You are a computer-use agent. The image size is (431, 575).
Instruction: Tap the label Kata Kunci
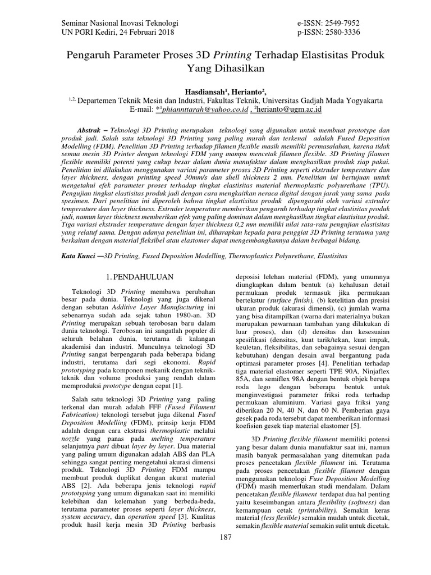tap(79, 255)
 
